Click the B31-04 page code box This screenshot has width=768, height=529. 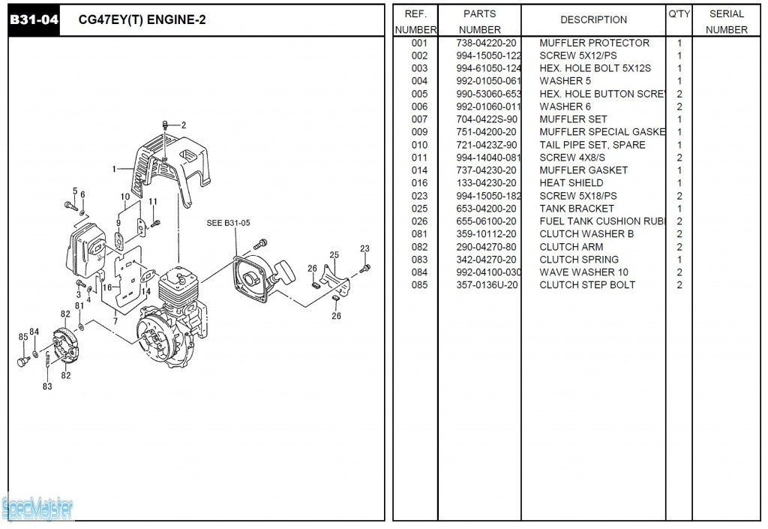point(33,20)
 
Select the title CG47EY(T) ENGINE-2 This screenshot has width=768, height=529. point(142,20)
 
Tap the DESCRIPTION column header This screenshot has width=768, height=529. point(593,20)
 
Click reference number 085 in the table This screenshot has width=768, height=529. point(419,285)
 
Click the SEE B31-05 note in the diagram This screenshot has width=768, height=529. point(228,223)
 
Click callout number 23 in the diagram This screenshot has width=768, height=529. point(364,248)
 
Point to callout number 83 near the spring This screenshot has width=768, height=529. point(47,386)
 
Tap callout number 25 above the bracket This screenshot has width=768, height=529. point(334,255)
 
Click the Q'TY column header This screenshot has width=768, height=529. point(679,14)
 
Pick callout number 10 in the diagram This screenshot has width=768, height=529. point(125,197)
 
